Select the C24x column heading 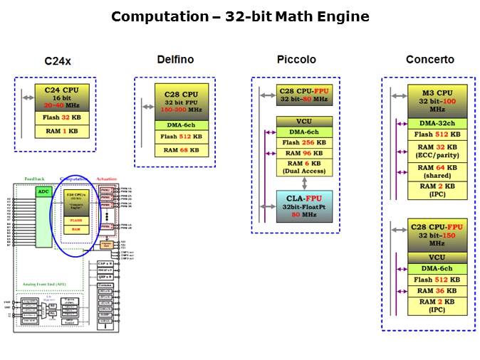pos(57,61)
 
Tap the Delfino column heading pos(175,60)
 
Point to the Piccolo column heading pos(296,60)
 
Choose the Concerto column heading pos(429,60)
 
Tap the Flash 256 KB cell pos(304,142)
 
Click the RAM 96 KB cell pos(304,153)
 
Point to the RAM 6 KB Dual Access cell pos(304,168)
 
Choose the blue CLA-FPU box pos(304,206)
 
